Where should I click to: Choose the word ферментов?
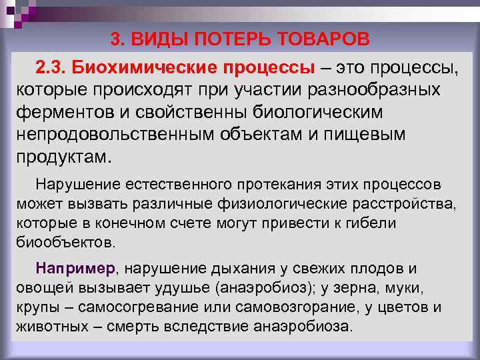coord(61,111)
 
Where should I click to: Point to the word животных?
coord(48,327)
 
